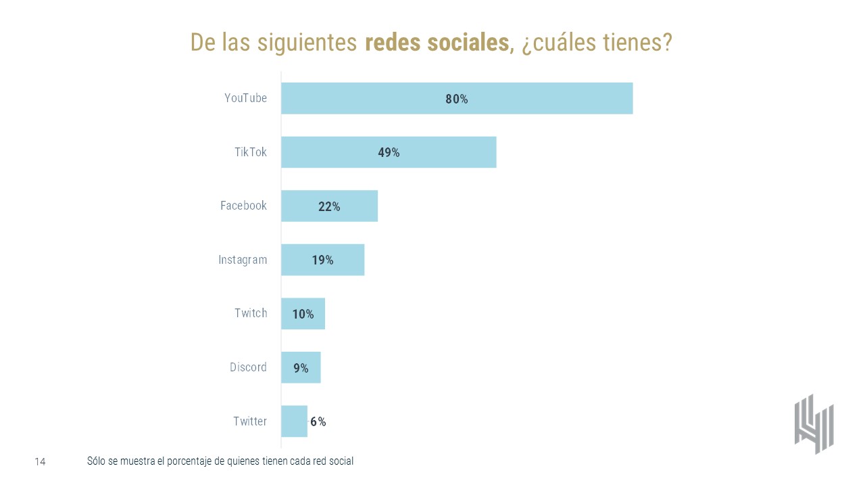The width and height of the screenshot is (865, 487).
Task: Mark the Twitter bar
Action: (294, 421)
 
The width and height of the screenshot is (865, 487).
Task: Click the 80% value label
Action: (456, 99)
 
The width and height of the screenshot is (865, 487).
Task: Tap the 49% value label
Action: (389, 152)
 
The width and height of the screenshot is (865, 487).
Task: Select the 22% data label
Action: (329, 206)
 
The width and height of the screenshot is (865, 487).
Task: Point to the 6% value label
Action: (318, 421)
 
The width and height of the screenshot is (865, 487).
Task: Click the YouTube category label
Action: (246, 98)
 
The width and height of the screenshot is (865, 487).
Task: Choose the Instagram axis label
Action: (243, 260)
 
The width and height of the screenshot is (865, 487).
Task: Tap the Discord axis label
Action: (248, 367)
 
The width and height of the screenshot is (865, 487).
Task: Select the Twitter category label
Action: (250, 421)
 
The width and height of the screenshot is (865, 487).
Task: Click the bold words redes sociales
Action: (437, 42)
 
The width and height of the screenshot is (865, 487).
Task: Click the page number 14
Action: (40, 462)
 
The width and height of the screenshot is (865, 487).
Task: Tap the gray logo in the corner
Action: (814, 423)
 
